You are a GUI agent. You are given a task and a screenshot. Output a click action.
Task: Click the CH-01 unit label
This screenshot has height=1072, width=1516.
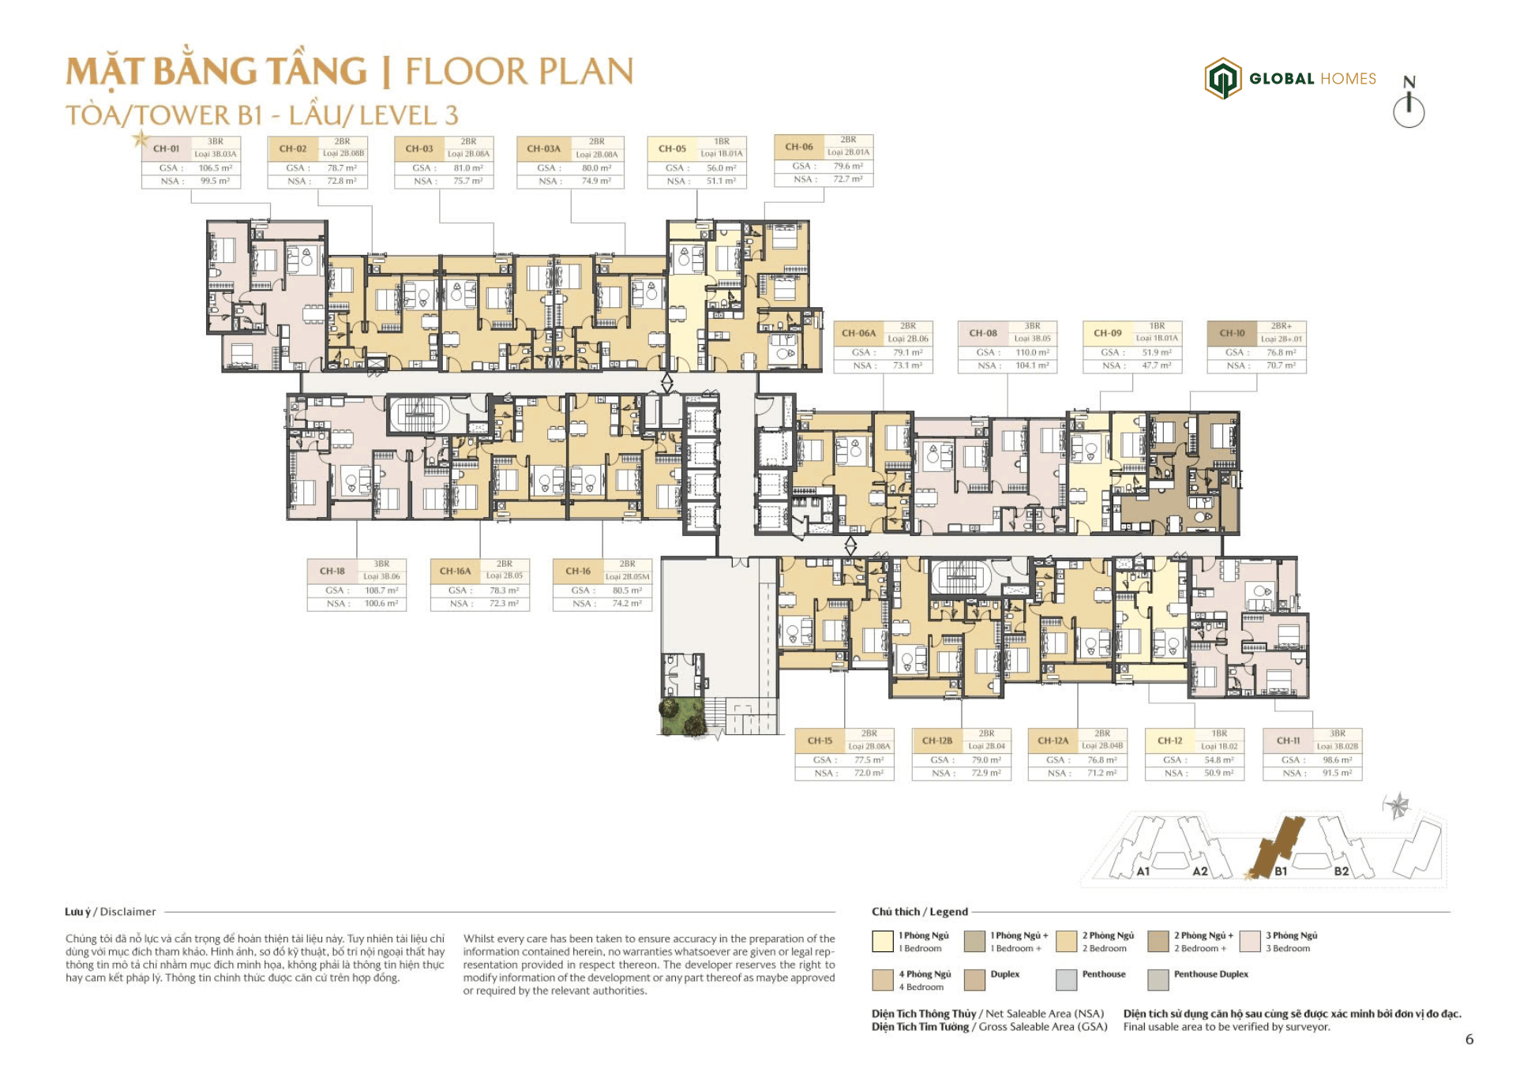pos(166,148)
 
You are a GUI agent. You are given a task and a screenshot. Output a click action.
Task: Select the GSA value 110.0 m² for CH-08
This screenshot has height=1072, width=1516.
pos(1032,353)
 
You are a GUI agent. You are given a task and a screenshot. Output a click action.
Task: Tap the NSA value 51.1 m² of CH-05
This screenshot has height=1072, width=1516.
pos(720,182)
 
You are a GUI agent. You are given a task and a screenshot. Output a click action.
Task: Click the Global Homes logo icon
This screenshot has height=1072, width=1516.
pos(1221,78)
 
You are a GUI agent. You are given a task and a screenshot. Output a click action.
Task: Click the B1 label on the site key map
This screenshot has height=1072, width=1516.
pos(1281,871)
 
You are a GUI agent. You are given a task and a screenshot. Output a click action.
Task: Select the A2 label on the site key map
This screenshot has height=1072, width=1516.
pos(1199,871)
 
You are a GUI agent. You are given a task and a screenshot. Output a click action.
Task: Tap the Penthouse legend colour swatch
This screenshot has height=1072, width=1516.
pos(1066,980)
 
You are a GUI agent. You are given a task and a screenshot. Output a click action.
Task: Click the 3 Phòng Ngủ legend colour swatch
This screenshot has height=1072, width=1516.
pos(1250,941)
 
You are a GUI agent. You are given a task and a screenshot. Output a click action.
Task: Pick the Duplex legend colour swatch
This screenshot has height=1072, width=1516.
pos(974,980)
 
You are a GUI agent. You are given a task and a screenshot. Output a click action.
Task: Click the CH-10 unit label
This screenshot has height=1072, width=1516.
pos(1232,333)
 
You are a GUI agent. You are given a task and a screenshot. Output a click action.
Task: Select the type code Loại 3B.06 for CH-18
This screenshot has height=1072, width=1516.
pos(381,577)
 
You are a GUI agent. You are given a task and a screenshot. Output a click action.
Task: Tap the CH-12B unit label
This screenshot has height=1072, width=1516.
pos(937,740)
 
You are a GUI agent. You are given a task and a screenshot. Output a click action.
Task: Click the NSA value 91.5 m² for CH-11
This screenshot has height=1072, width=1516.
pos(1337,774)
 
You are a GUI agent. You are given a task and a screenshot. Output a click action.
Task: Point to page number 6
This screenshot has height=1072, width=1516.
pos(1469,1040)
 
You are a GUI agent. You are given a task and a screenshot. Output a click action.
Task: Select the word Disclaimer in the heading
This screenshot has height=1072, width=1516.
pos(128,912)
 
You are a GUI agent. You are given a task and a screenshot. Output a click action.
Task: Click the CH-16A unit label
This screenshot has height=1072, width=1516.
pos(455,571)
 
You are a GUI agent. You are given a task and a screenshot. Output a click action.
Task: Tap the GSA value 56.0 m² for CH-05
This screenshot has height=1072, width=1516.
pos(721,168)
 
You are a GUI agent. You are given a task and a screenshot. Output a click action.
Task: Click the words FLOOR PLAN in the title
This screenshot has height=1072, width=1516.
pos(519,72)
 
